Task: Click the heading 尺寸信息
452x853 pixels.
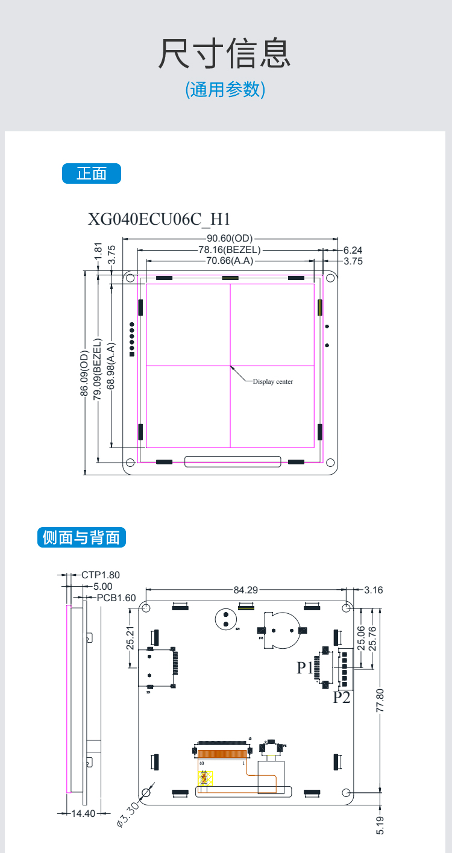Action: click(x=225, y=53)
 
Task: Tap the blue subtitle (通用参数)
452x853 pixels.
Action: click(x=225, y=90)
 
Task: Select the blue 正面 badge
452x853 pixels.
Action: click(x=92, y=173)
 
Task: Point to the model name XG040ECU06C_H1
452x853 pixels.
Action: click(x=160, y=219)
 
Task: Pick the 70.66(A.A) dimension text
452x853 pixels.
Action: click(x=230, y=261)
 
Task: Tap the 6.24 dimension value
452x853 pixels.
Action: click(x=353, y=250)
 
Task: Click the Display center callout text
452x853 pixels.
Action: click(x=272, y=382)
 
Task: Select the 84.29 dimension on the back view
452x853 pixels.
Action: click(x=245, y=590)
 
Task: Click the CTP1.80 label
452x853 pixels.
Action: click(x=101, y=575)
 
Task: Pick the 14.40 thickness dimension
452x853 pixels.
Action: click(x=84, y=813)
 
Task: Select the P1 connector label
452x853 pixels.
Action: click(x=305, y=667)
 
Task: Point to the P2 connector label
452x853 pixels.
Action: click(x=342, y=698)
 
